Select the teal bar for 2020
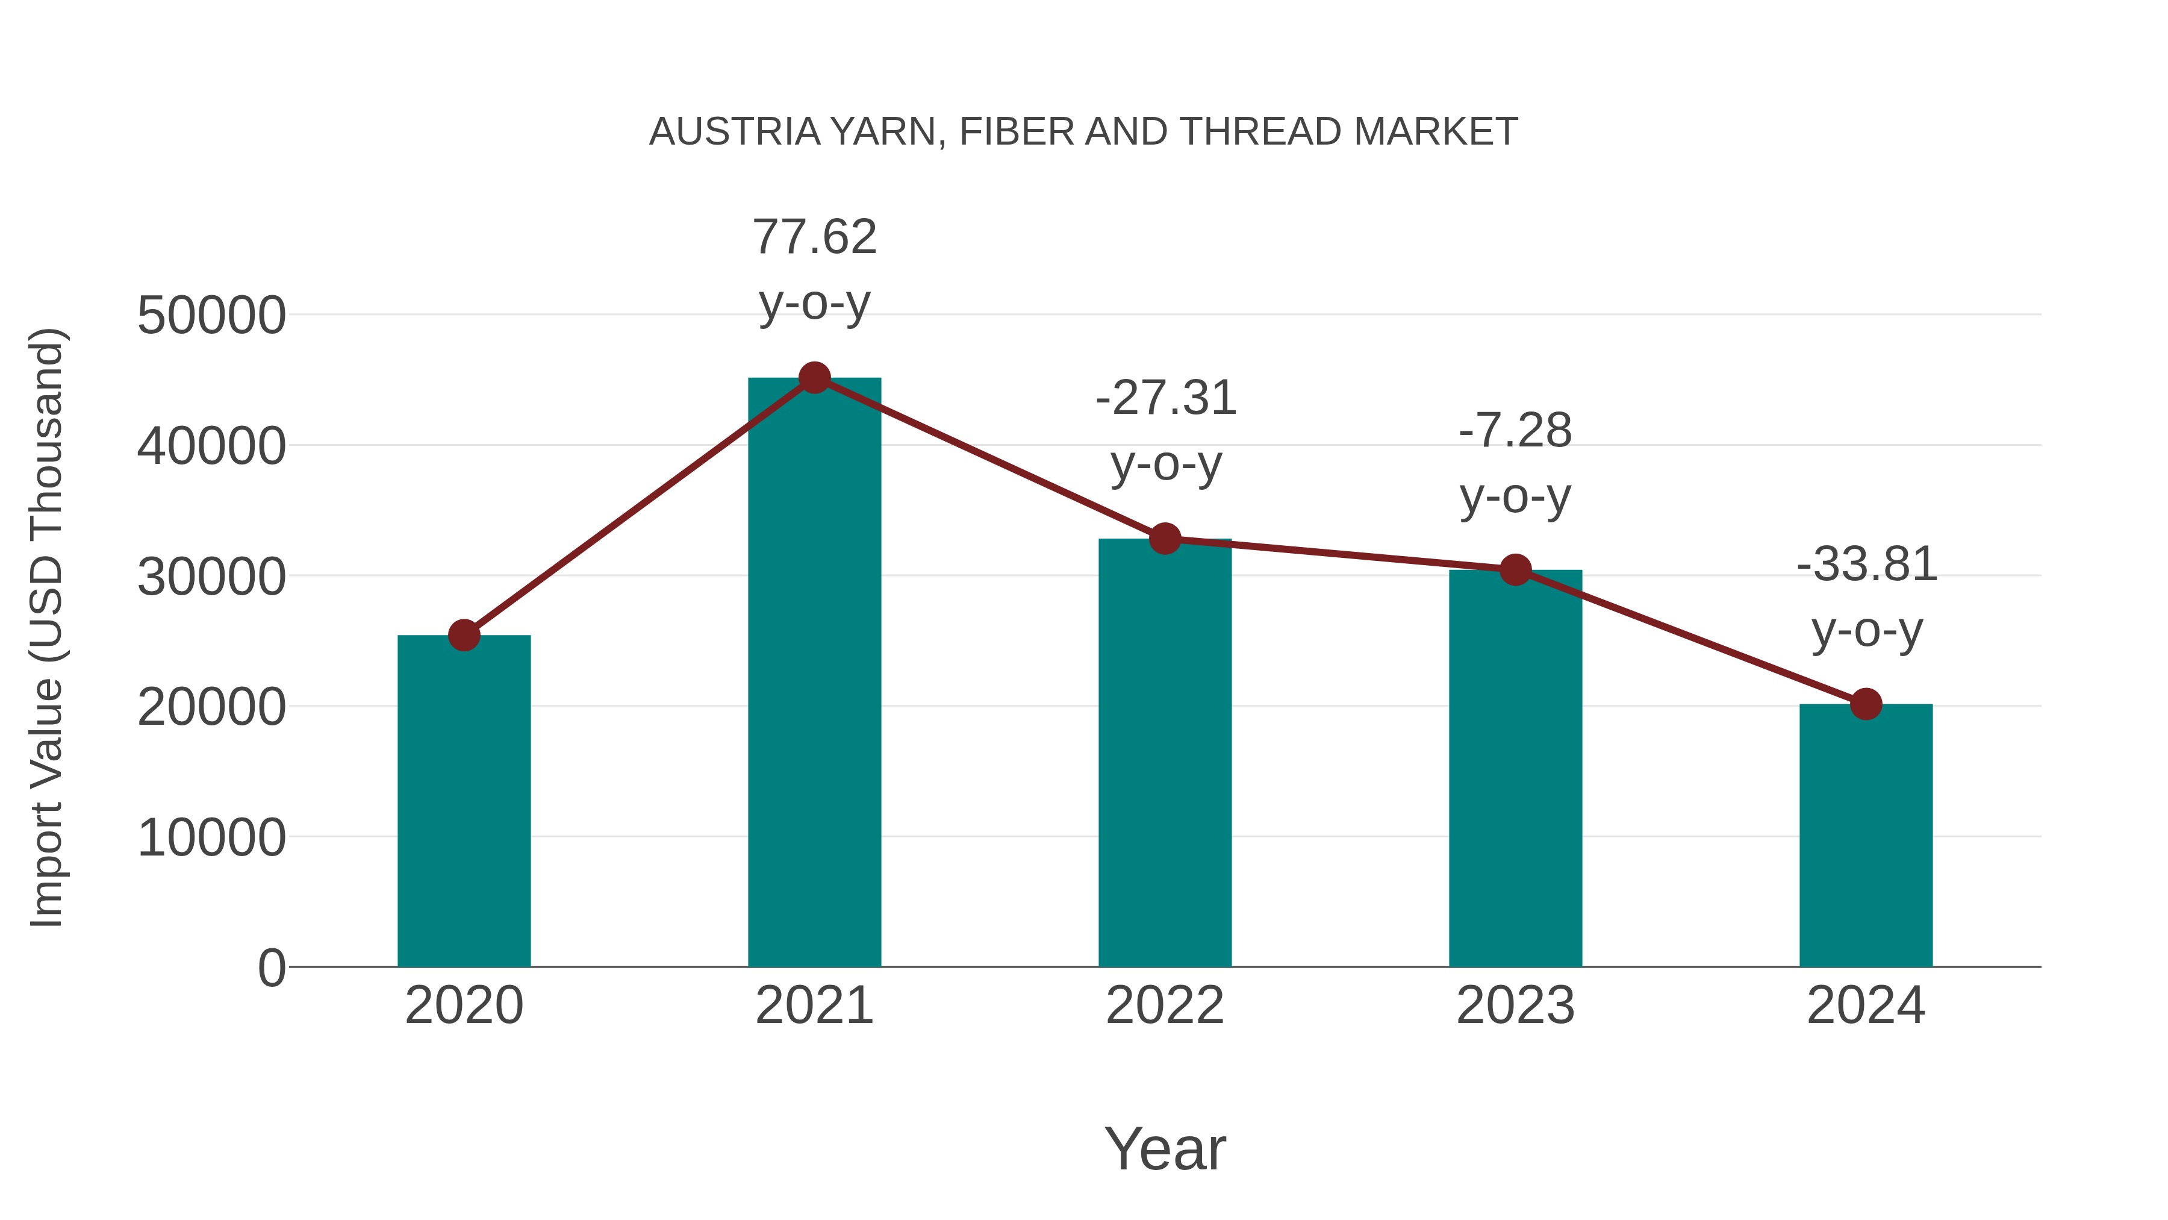464,800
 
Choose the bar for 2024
1866,834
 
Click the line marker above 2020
464,635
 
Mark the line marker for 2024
1866,704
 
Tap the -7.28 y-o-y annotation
1515,463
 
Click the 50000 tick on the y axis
211,316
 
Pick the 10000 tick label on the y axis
211,838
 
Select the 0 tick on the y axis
271,968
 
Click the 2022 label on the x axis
1165,1006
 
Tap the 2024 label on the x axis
1866,1006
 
